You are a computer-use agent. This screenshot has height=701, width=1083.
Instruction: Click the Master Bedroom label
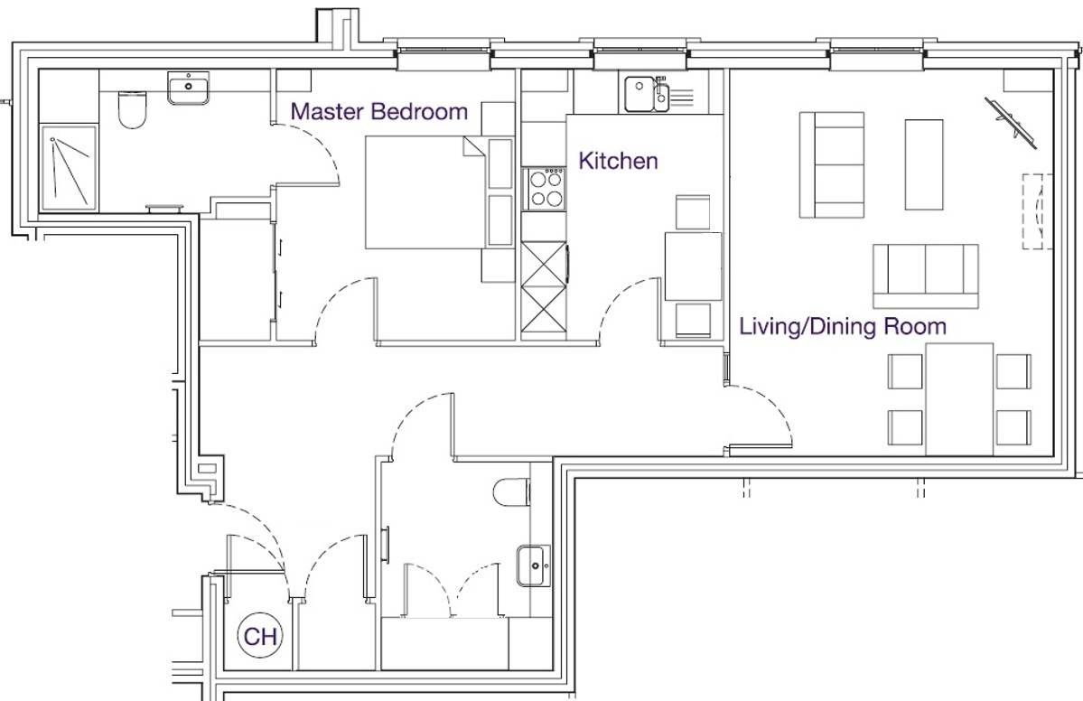(x=378, y=111)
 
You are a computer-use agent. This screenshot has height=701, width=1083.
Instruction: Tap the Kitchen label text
(x=618, y=161)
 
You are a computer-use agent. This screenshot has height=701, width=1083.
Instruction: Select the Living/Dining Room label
(x=843, y=326)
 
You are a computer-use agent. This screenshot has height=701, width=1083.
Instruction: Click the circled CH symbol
(x=260, y=636)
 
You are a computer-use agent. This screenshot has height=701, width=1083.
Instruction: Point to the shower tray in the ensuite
(x=69, y=168)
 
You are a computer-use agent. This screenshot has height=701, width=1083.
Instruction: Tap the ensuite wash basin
(x=189, y=88)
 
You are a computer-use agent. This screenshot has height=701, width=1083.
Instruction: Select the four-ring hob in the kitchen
(x=545, y=189)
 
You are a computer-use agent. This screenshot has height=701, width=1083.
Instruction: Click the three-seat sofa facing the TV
(x=926, y=276)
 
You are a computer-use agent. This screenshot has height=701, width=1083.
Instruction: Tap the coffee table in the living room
(x=923, y=164)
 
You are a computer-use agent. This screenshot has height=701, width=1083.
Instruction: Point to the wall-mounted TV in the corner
(x=1012, y=122)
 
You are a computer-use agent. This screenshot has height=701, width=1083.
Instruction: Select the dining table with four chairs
(x=959, y=399)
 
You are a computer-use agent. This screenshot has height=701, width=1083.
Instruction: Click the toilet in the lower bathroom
(x=512, y=492)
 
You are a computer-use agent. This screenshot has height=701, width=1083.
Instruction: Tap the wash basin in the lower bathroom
(x=534, y=565)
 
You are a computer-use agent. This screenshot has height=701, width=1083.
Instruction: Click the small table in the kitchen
(x=693, y=266)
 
